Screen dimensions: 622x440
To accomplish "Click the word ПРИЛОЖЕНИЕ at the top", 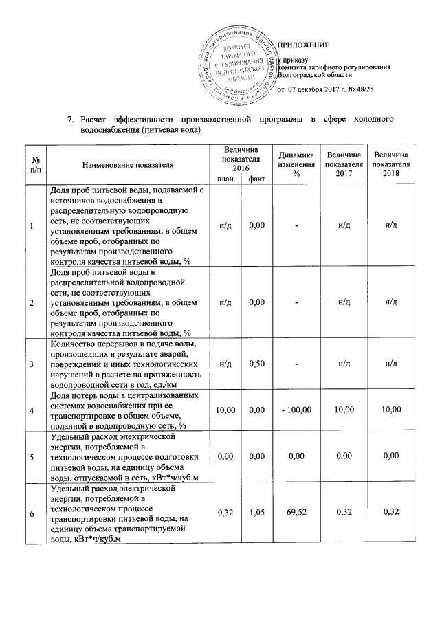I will coord(309,45).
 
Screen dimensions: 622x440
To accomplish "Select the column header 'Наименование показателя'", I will coord(128,165).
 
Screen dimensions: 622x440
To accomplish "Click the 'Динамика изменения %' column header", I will coord(297,165).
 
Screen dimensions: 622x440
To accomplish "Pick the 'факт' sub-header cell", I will coord(256,179).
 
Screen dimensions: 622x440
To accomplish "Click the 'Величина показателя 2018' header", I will coord(391,165).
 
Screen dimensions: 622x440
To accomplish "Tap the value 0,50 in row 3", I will coord(256,364).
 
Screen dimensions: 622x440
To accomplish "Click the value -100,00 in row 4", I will coord(297,410).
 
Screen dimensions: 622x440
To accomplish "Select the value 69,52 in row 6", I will coord(297,513).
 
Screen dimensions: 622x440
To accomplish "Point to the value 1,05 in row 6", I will coord(256,513).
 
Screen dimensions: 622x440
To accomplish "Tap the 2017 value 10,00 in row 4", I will coord(344,410).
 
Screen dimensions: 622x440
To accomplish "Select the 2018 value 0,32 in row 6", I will coord(391,513).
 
